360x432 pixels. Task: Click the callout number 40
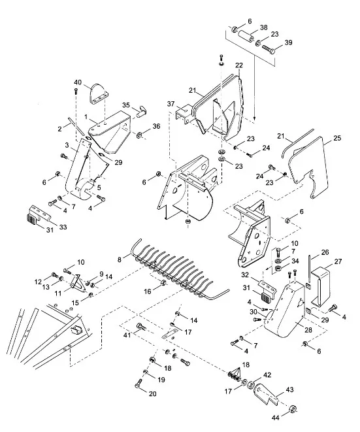(78, 82)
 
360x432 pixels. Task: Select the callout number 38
(263, 27)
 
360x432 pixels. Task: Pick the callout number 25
(337, 138)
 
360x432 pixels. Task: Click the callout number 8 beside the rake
(120, 260)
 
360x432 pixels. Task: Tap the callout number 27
(338, 261)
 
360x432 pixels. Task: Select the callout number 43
(289, 390)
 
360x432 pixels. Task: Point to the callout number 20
(152, 393)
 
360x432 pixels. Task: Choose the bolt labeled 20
(139, 383)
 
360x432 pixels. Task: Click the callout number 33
(63, 227)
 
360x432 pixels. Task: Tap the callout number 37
(171, 104)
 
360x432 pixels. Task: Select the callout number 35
(126, 105)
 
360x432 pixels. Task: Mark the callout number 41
(127, 335)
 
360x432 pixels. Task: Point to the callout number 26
(325, 252)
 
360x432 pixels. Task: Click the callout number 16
(148, 291)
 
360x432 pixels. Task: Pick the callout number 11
(58, 293)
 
